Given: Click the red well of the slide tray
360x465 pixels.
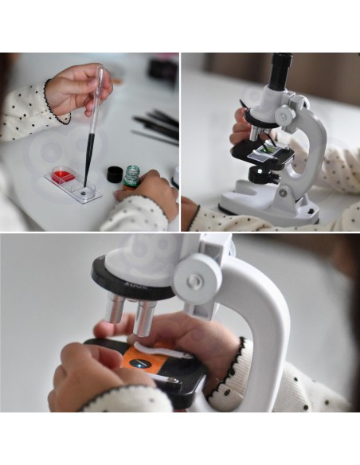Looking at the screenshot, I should pos(61,174).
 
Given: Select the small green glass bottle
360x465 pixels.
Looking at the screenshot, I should pos(132,174).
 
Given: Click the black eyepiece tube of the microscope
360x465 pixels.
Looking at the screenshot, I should pos(280,72).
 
